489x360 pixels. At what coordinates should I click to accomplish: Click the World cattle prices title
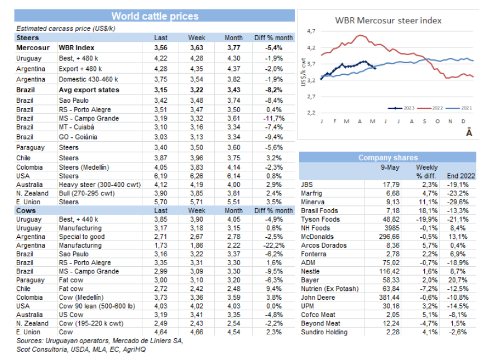[x=155, y=16]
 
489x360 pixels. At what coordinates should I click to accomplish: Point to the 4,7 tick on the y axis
[x=311, y=31]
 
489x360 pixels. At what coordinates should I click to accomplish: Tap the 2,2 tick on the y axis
[x=311, y=113]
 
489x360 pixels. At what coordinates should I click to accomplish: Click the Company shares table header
[x=387, y=158]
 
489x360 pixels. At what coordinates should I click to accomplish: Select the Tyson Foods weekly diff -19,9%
[x=427, y=219]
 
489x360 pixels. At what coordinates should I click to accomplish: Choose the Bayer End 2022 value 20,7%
[x=462, y=280]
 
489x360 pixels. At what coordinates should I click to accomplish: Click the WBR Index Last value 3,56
[x=161, y=48]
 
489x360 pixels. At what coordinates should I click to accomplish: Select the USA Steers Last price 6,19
[x=161, y=175]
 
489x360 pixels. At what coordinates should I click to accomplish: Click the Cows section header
[x=27, y=210]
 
